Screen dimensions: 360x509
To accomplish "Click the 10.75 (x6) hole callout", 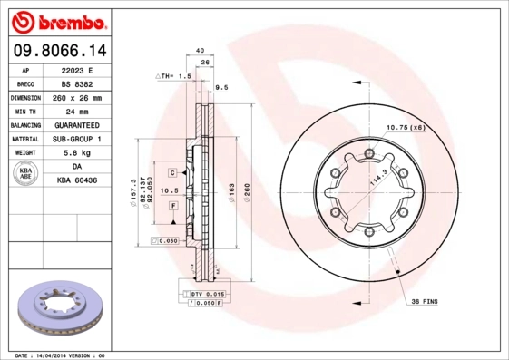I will [406, 127].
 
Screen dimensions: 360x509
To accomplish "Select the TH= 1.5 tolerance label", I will [174, 77].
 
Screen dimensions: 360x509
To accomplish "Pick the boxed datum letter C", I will [171, 171].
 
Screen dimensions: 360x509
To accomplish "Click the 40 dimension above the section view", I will [199, 52].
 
